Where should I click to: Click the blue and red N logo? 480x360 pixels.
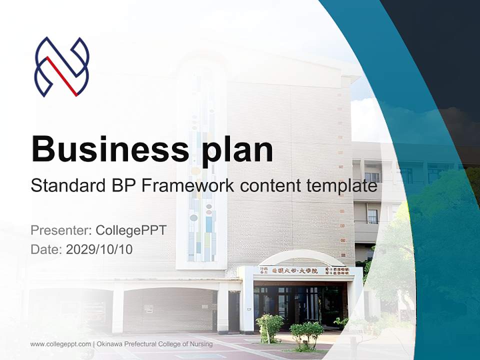click(61, 67)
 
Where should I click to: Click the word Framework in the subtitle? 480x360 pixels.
click(188, 185)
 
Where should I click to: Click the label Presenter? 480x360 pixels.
click(60, 230)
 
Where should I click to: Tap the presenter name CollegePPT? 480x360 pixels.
click(130, 230)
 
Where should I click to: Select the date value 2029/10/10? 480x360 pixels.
click(99, 249)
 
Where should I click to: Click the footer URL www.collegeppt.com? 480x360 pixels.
click(60, 344)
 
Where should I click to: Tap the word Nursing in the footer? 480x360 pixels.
click(202, 344)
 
